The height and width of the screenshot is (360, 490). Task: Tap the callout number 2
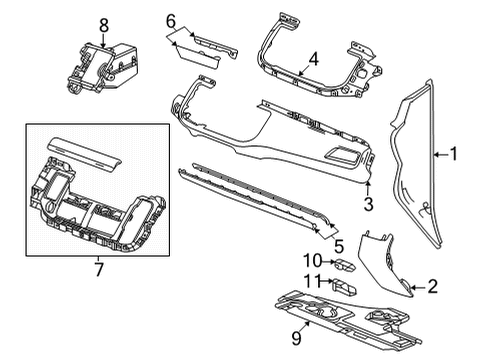(433, 287)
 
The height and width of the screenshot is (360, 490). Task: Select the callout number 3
(367, 205)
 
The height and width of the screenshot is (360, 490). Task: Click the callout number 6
(170, 20)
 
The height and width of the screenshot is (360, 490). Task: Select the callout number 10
(312, 262)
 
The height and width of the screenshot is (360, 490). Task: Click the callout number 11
(312, 281)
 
